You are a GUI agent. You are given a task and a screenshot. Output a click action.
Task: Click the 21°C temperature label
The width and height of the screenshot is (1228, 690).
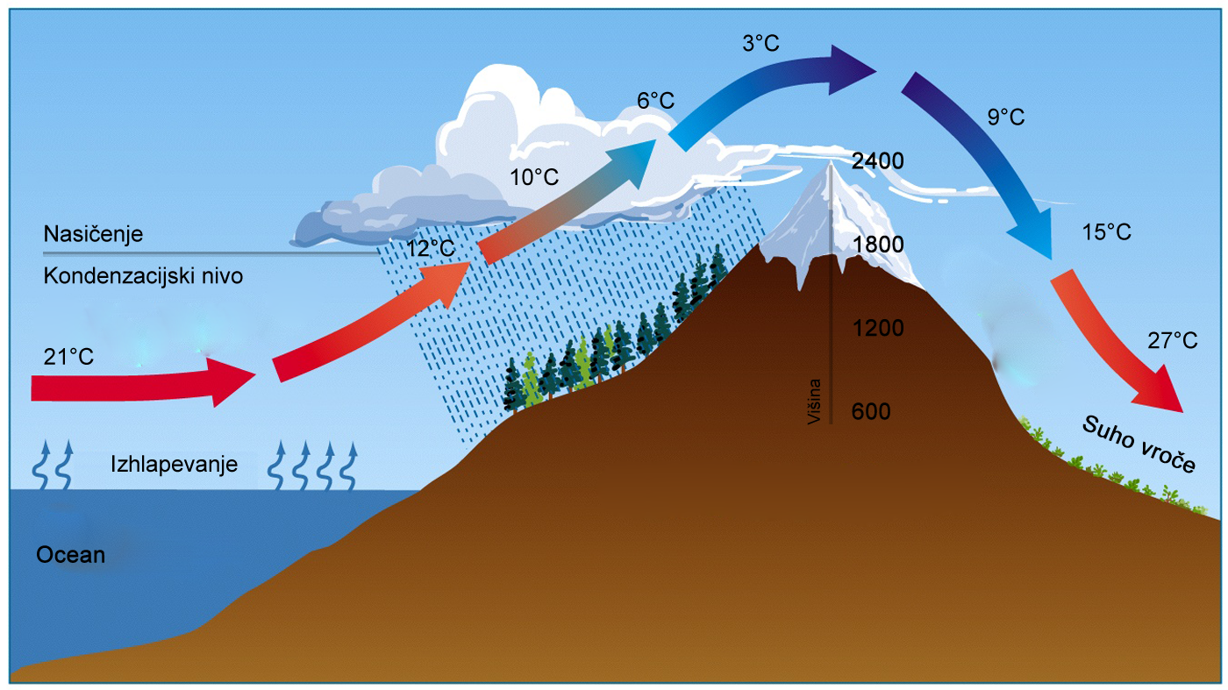[68, 357]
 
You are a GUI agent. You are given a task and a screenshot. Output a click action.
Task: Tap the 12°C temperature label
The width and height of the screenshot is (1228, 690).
[431, 249]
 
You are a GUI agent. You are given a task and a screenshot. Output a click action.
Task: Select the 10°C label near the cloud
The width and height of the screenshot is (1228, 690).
[534, 177]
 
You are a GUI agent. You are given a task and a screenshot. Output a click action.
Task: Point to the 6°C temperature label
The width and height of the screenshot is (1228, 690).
[656, 100]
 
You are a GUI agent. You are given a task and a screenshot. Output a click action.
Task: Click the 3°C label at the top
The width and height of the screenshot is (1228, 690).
[761, 43]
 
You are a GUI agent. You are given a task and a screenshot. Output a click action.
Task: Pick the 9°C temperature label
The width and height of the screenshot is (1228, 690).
[1006, 117]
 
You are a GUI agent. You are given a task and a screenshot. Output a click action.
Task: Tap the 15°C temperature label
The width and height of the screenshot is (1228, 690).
[1106, 232]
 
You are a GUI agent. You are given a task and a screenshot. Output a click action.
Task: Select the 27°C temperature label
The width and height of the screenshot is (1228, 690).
[1173, 341]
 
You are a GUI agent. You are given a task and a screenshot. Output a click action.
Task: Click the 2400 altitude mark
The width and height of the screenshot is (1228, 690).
[878, 161]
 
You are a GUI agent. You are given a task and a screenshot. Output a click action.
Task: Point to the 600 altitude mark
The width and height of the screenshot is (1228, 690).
[870, 411]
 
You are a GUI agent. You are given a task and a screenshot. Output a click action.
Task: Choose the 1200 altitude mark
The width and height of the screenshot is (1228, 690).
[878, 328]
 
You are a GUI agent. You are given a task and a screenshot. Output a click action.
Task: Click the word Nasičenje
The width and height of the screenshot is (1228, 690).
[93, 234]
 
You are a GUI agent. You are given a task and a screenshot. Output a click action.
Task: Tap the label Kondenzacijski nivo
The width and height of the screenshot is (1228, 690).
[143, 275]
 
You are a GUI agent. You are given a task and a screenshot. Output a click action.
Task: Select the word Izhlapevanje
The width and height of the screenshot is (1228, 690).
[174, 464]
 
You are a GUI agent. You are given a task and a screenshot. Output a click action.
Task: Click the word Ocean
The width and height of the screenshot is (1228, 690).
[71, 555]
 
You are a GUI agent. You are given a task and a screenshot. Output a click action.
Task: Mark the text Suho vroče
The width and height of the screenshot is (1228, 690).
[1139, 445]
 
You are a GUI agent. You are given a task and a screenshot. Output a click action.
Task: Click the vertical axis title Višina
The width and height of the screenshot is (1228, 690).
[815, 402]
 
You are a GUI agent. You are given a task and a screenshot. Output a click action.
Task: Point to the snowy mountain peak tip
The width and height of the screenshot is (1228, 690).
[830, 162]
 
